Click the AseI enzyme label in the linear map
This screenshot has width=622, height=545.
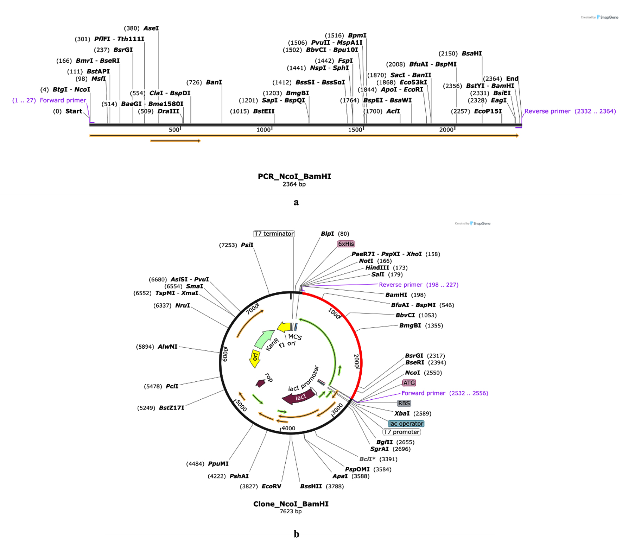coord(151,28)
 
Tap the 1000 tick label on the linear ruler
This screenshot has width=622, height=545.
coord(264,130)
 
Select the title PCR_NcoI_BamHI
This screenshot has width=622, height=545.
coord(294,176)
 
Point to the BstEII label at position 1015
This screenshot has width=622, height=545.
coord(264,111)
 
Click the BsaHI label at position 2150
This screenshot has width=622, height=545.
coord(472,53)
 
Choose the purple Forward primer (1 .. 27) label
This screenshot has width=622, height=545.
coord(49,100)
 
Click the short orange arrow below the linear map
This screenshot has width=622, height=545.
coord(176,141)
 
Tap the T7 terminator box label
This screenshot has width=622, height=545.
coord(274,234)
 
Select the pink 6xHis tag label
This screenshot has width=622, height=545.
coord(346,244)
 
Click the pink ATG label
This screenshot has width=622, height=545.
coord(409,383)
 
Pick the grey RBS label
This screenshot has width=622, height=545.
coord(404,403)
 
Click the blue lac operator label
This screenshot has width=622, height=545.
coord(406,424)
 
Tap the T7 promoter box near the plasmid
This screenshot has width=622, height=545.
coord(401,432)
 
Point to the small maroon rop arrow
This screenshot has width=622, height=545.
coord(260,383)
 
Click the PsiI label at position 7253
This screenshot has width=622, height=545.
coord(247,245)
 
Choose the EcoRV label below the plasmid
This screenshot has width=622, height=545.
coord(271,486)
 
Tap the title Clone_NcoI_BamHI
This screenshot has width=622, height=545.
coord(291,504)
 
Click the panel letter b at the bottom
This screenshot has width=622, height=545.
coord(296,534)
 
